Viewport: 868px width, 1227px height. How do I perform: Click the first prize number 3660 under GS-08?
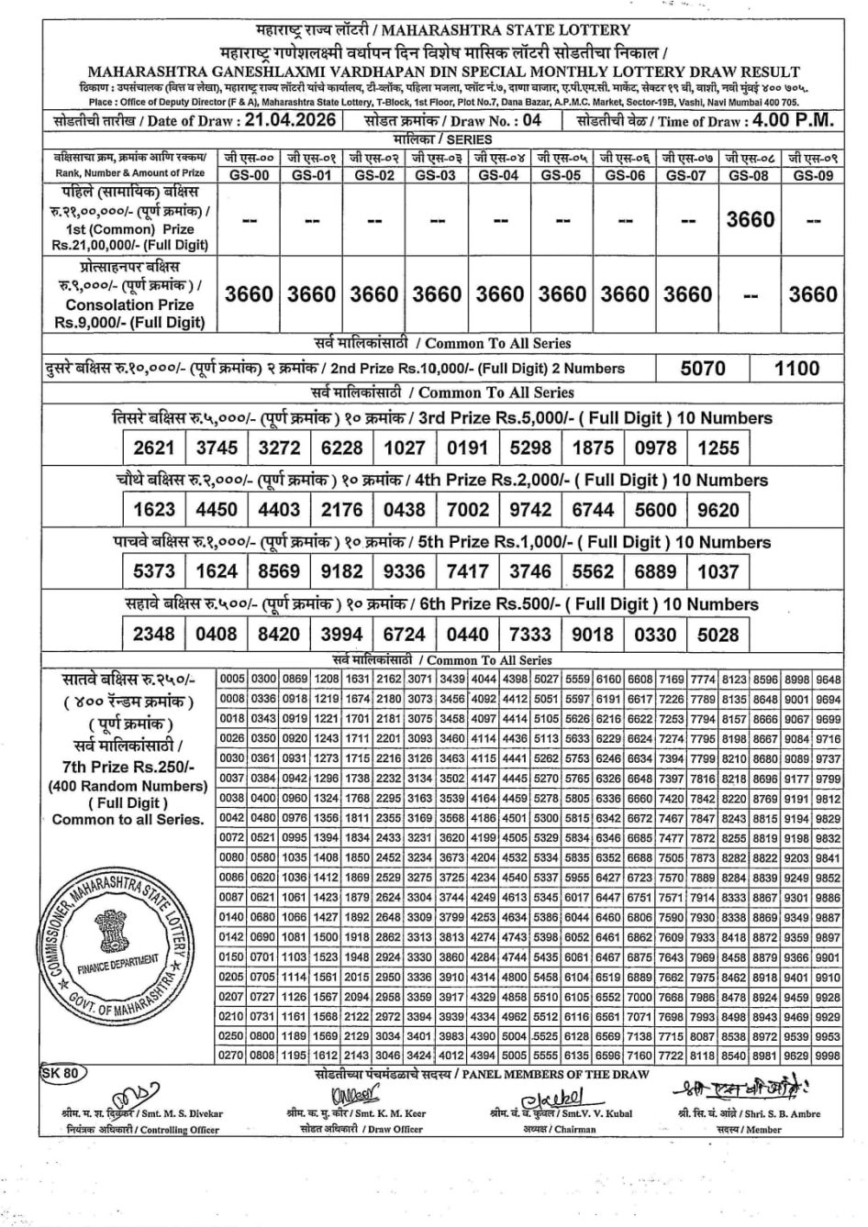pos(751,220)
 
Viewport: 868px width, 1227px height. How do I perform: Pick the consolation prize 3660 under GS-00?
pos(250,294)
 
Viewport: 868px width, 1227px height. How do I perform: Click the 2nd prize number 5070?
pos(703,369)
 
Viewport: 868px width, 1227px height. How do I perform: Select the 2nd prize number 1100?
pos(796,369)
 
